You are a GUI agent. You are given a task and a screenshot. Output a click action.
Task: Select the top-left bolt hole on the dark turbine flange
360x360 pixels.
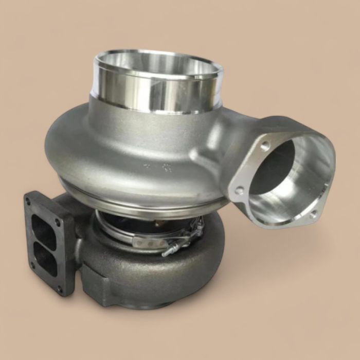point(29,202)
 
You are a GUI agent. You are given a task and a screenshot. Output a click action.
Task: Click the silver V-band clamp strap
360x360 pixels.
point(149,239)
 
